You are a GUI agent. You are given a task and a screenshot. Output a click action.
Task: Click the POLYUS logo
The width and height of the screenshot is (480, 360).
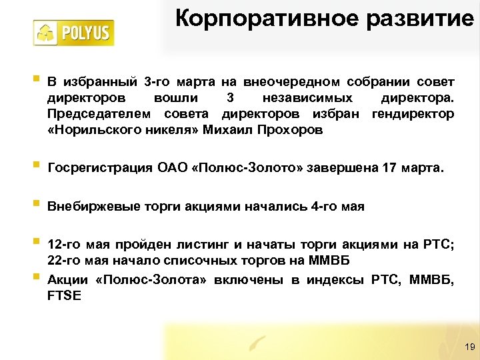click(74, 33)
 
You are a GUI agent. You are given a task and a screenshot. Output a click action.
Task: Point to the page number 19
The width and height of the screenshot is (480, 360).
click(468, 347)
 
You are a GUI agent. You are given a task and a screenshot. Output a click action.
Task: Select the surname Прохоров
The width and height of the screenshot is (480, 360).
click(291, 130)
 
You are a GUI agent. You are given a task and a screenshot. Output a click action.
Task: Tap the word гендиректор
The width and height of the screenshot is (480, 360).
click(413, 114)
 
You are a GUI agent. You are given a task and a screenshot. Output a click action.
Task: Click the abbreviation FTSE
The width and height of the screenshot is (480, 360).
click(64, 295)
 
